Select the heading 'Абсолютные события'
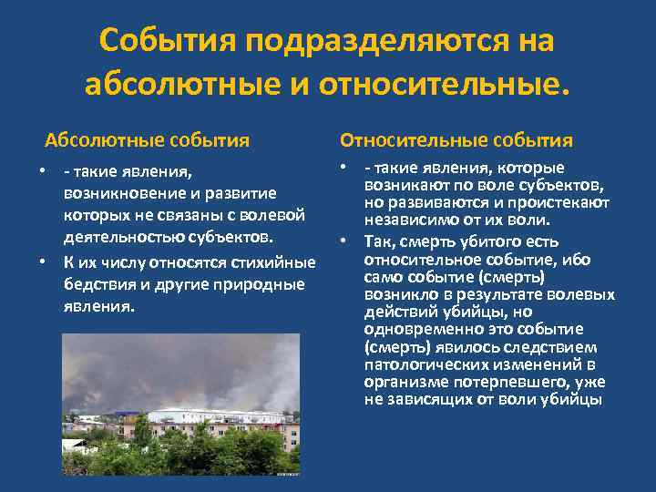pos(148,140)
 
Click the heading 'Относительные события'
pos(456,140)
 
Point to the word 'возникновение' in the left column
pos(120,194)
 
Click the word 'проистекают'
pos(564,201)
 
